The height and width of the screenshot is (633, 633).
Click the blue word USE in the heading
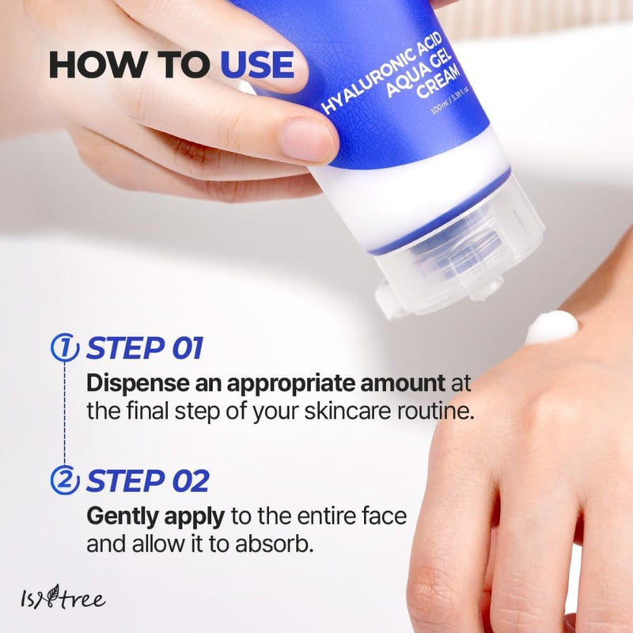coord(257,65)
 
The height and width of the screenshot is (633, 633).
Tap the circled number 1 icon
coord(65,348)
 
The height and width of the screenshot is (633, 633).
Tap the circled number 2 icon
coord(65,480)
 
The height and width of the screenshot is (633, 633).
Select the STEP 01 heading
coord(145,348)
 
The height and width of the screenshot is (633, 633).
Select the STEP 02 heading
coord(147,480)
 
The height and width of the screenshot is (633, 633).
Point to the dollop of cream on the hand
coord(552,326)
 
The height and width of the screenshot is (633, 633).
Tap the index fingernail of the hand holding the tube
coord(308,138)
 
